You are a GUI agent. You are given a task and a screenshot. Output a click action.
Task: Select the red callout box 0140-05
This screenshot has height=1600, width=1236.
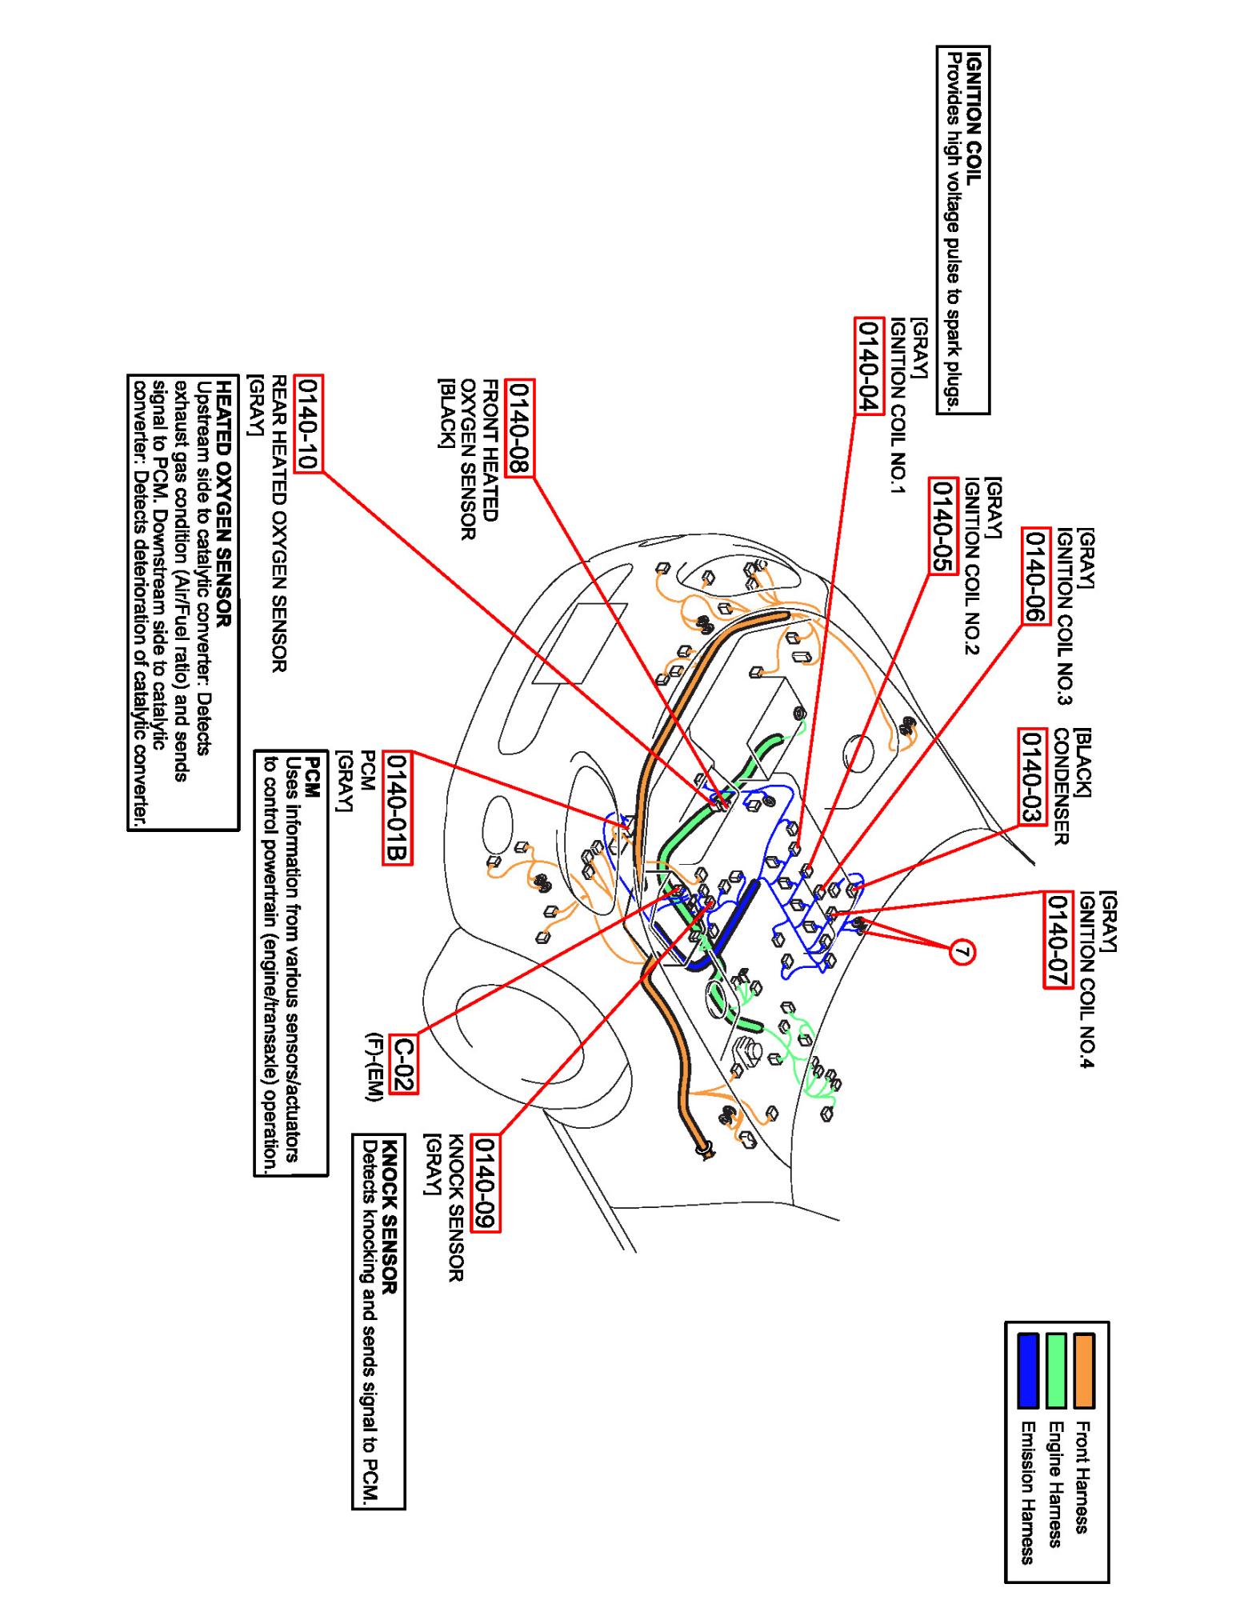942,525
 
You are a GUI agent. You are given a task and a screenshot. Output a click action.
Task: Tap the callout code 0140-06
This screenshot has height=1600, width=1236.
1034,577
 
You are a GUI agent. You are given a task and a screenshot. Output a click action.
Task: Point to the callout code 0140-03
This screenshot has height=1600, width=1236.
1030,776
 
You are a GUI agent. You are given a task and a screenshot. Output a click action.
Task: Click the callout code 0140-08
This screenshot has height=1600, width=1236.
521,428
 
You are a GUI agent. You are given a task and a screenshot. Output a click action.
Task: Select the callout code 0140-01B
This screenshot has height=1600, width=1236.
398,807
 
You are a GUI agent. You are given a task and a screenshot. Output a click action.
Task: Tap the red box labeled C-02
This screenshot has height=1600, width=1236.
402,1063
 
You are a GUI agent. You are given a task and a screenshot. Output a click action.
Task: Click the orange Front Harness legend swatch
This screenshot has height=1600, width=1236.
1083,1370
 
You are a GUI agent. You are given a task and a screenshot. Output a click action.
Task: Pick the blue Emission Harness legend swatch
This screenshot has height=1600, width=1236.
1028,1370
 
